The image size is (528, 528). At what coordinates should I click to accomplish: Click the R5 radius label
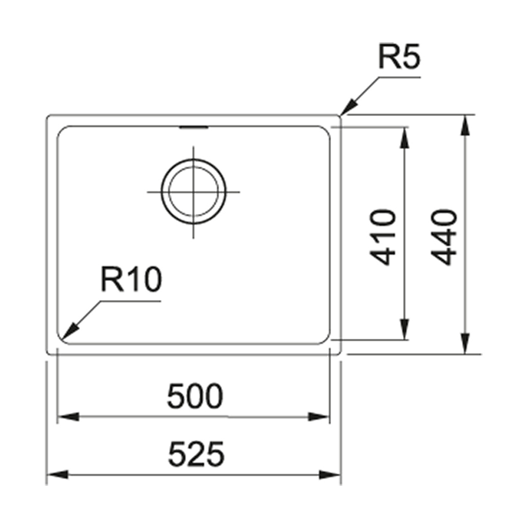coord(400,58)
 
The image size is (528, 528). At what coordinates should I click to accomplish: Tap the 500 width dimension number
coord(195,397)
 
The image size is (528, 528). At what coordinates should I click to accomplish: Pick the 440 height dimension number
coord(443,237)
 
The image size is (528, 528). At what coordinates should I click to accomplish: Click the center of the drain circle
coord(193,192)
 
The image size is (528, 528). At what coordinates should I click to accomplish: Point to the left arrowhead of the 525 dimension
coord(55,474)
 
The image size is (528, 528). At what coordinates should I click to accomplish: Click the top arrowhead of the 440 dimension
coord(466,123)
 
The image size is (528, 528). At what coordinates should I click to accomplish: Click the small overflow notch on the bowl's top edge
coord(193,126)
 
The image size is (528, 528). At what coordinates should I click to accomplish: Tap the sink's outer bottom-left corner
coord(48,353)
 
